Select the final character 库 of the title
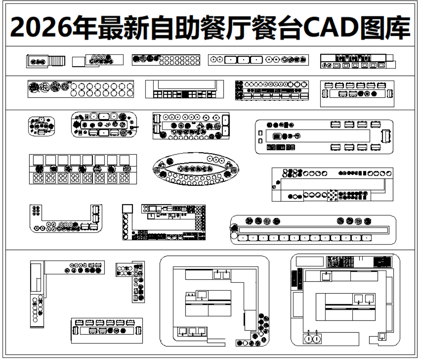pyautogui.click(x=397, y=27)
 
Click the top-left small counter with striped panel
pyautogui.click(x=46, y=61)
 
